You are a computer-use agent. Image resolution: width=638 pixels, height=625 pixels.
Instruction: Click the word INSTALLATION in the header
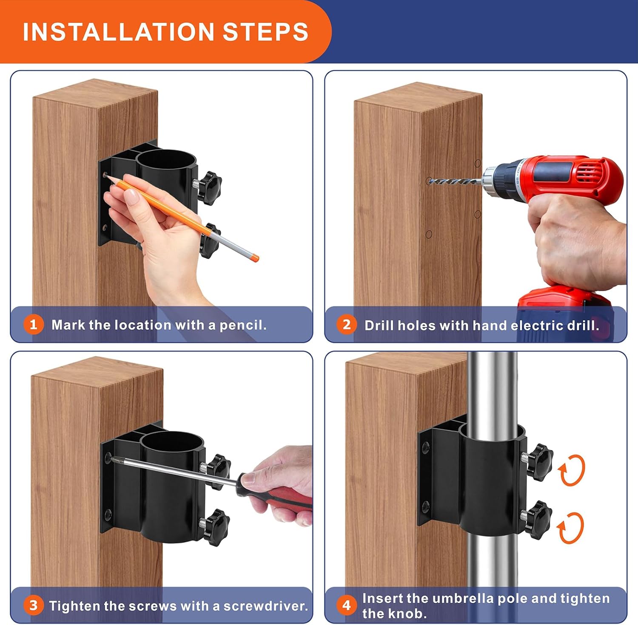(118, 32)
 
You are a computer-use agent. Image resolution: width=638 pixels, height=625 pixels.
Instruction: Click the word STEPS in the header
(266, 32)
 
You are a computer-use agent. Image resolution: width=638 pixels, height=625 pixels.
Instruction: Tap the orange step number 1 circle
(34, 325)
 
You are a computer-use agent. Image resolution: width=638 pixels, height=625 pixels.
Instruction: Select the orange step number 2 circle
(347, 325)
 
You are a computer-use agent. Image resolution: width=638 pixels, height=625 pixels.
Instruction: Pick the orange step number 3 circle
(34, 605)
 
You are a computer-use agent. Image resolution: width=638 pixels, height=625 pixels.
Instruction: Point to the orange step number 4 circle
(347, 605)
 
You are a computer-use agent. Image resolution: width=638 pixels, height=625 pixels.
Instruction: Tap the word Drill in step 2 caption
(379, 325)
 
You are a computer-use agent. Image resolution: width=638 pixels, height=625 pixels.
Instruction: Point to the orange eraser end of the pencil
(254, 257)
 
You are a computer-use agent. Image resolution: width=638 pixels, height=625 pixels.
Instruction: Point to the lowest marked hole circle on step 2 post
(429, 234)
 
